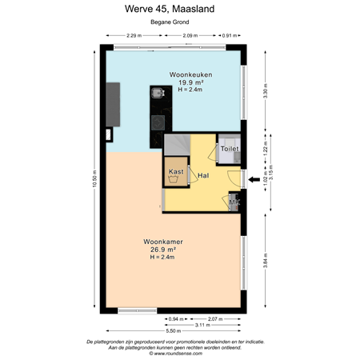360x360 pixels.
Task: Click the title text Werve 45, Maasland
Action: [179, 10]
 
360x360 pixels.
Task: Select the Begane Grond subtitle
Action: [179, 25]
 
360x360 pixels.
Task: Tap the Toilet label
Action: [230, 149]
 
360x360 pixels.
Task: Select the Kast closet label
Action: [177, 172]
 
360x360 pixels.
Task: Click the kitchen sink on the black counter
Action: [158, 93]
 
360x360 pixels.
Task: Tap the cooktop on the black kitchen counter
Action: [158, 122]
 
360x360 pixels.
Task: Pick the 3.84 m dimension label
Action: [266, 263]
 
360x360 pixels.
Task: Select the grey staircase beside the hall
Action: [177, 143]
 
